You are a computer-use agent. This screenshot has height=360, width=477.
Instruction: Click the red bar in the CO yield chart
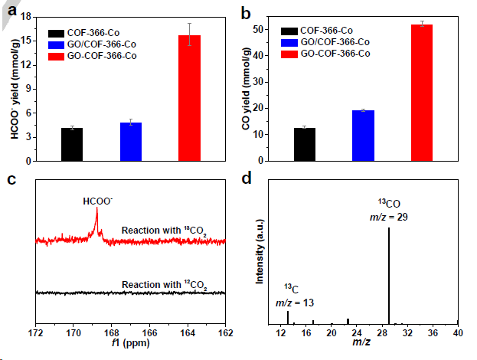pyautogui.click(x=422, y=93)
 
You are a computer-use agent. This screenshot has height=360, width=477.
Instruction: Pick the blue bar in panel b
pyautogui.click(x=363, y=136)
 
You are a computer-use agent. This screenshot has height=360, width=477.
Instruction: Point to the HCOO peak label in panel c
pyautogui.click(x=97, y=201)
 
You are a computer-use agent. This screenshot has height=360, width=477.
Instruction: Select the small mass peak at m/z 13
pyautogui.click(x=288, y=316)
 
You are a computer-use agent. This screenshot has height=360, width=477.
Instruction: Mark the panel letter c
pyautogui.click(x=11, y=181)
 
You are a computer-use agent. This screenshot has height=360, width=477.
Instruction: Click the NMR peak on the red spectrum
pyautogui.click(x=97, y=220)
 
